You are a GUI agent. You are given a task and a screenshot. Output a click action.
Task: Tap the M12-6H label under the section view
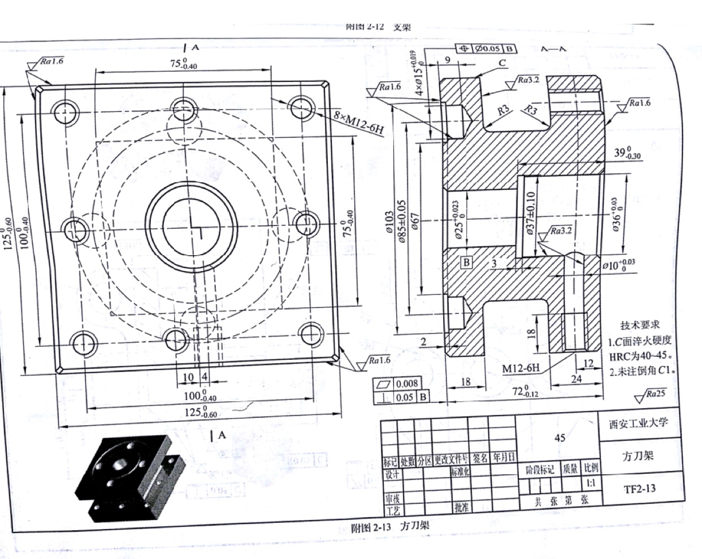point(521,368)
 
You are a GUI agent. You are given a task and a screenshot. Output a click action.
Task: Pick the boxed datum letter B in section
point(466,262)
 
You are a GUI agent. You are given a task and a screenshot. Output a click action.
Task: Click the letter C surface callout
point(502,63)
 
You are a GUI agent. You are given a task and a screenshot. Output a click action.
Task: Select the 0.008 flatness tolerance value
point(406,384)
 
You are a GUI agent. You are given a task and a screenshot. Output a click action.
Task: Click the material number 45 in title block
point(560,437)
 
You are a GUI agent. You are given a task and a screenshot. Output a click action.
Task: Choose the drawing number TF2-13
point(639,488)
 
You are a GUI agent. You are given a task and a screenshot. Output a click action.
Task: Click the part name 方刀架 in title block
point(638,456)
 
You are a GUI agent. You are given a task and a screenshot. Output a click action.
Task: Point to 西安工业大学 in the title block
point(638,423)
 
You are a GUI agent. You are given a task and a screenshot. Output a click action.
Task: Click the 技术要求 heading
point(640,325)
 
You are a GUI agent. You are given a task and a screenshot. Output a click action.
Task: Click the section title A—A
point(553,49)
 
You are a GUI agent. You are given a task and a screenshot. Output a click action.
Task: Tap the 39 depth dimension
point(627,153)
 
